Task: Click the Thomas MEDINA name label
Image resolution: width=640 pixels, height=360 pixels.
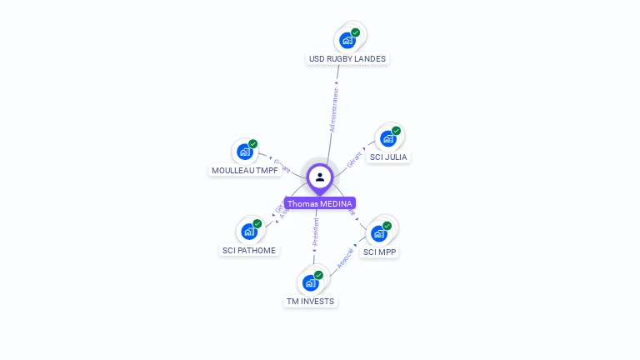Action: (320, 203)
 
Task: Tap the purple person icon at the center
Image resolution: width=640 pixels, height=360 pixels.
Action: (320, 177)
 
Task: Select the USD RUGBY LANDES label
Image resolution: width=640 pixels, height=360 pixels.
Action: (347, 59)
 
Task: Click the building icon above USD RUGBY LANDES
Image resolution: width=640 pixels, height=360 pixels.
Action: (347, 40)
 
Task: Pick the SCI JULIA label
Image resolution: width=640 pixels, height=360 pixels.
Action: (389, 157)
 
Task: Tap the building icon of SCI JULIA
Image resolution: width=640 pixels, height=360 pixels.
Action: (387, 138)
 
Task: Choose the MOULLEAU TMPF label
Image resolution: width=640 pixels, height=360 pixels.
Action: (245, 170)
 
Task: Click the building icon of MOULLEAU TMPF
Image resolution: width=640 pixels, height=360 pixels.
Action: (244, 152)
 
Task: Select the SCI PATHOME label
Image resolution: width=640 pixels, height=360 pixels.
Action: (249, 250)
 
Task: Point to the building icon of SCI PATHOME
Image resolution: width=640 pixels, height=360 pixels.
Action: (248, 231)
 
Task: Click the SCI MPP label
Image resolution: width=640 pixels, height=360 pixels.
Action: (380, 252)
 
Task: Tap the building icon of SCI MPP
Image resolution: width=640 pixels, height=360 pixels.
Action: (378, 233)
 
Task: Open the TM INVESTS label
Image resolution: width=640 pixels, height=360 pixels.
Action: (310, 301)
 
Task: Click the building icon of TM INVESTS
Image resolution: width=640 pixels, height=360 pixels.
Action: (310, 282)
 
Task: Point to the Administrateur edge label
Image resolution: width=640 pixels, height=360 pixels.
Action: (334, 108)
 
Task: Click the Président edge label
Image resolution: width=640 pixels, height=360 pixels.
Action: (315, 234)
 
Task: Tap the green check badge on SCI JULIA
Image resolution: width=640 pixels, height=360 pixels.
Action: (397, 131)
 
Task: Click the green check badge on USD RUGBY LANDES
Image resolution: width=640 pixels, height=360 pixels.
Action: (356, 32)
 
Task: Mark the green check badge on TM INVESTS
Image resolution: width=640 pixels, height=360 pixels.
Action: (318, 275)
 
